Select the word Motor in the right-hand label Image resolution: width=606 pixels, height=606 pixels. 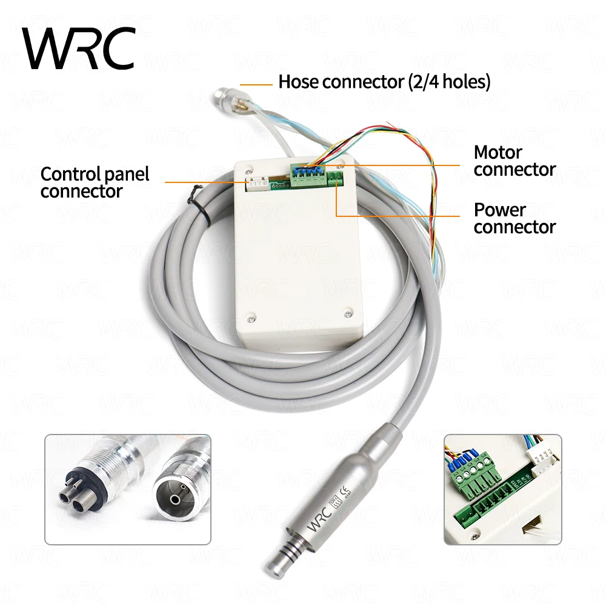[x=498, y=152]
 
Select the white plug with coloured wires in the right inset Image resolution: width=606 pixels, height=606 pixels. [x=543, y=461]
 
